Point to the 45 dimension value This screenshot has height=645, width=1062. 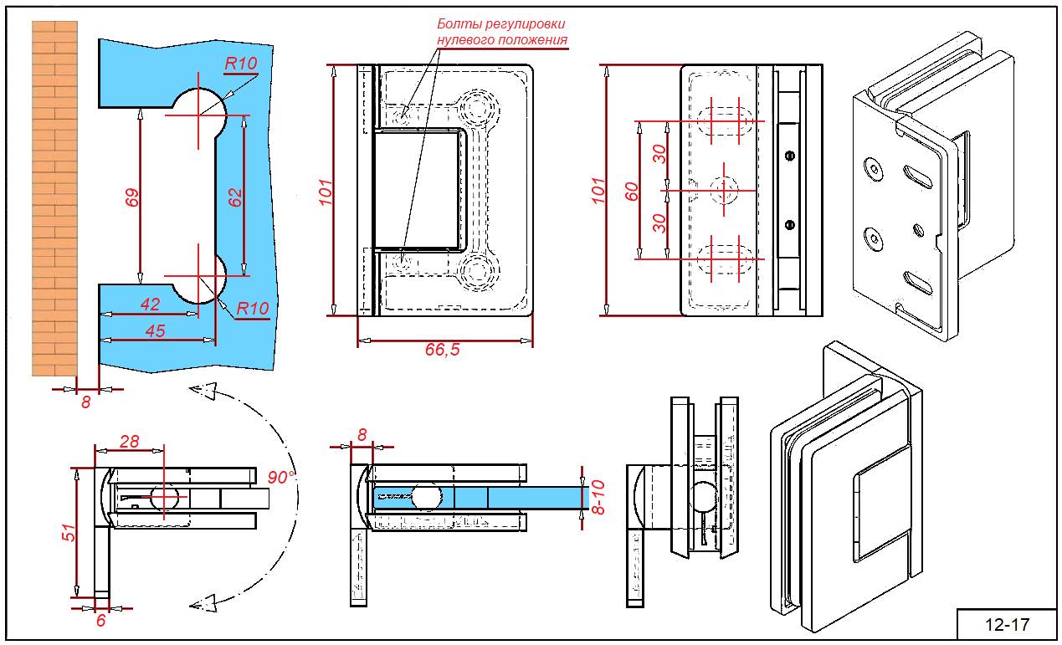[155, 330]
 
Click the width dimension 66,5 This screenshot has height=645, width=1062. [442, 351]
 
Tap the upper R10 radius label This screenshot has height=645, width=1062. [240, 63]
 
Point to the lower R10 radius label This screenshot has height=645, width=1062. [252, 309]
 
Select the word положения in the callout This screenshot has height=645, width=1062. [535, 39]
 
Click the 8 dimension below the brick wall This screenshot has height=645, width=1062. [85, 402]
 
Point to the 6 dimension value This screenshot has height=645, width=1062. [101, 620]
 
